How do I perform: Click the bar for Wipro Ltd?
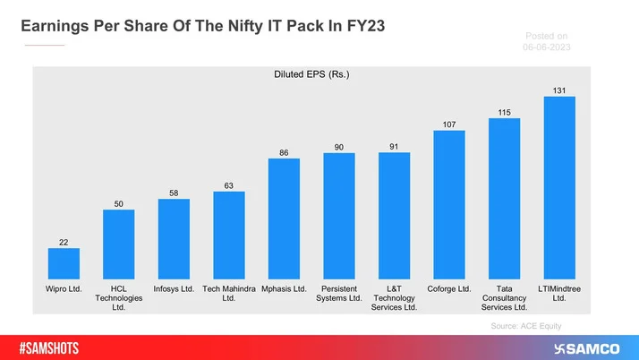tap(64, 263)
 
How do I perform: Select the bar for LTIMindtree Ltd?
tap(559, 187)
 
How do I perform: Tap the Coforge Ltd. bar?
tap(449, 204)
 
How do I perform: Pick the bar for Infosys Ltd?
tap(174, 238)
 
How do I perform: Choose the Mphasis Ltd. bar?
tap(284, 219)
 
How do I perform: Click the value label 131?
tap(559, 90)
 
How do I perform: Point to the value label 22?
tap(64, 241)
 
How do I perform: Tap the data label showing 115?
tap(504, 111)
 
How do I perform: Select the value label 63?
tap(229, 184)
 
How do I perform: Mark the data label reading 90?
tap(339, 146)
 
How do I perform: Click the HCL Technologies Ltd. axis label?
tap(119, 298)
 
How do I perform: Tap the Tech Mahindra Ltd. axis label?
tap(229, 294)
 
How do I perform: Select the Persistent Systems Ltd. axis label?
tap(339, 294)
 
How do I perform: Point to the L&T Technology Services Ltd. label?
tap(394, 298)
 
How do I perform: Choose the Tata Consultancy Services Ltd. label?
tap(504, 298)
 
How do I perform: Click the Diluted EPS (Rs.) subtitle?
tap(311, 75)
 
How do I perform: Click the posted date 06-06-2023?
tap(549, 47)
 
